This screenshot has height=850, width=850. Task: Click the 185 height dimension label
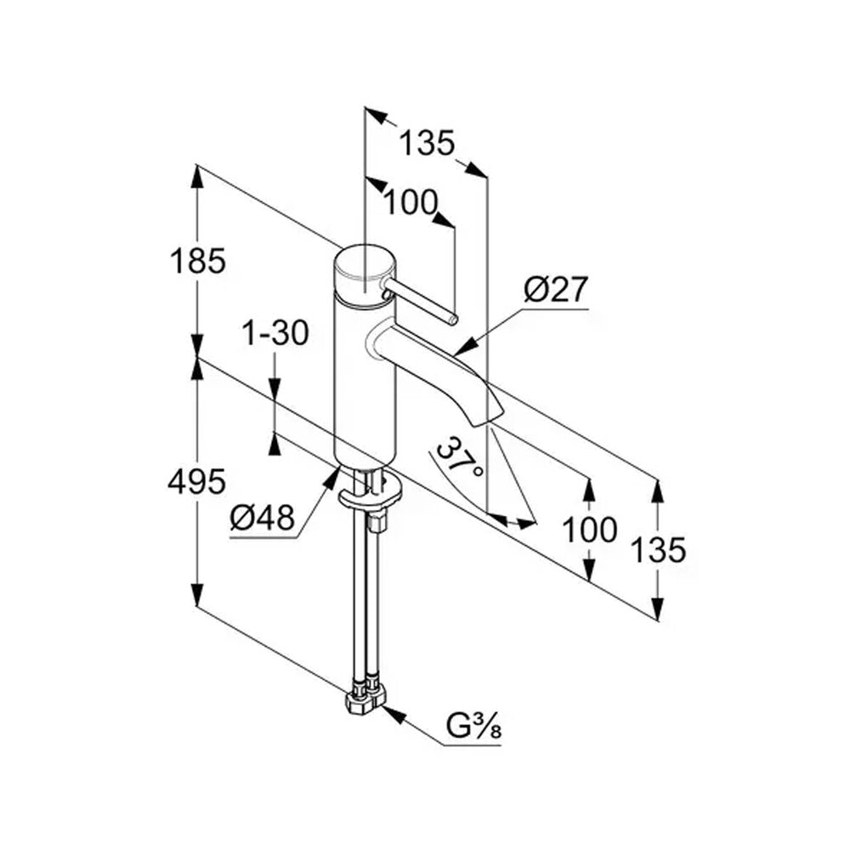coord(197,261)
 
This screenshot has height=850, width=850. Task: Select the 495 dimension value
coord(197,481)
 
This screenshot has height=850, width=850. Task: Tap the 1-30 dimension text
coord(275,332)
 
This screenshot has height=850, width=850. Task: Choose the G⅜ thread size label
coord(473,728)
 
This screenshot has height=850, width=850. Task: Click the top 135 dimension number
coord(426,143)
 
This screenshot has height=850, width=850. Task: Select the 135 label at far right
coord(659,549)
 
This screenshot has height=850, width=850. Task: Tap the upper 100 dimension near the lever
coord(411,202)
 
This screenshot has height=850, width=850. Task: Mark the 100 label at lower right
coord(590,529)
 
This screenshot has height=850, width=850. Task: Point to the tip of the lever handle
coord(454,320)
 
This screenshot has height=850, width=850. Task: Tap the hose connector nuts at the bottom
coord(365,696)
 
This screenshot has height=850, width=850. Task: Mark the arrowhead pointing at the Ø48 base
coord(331,478)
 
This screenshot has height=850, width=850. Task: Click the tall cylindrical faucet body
coord(365,379)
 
